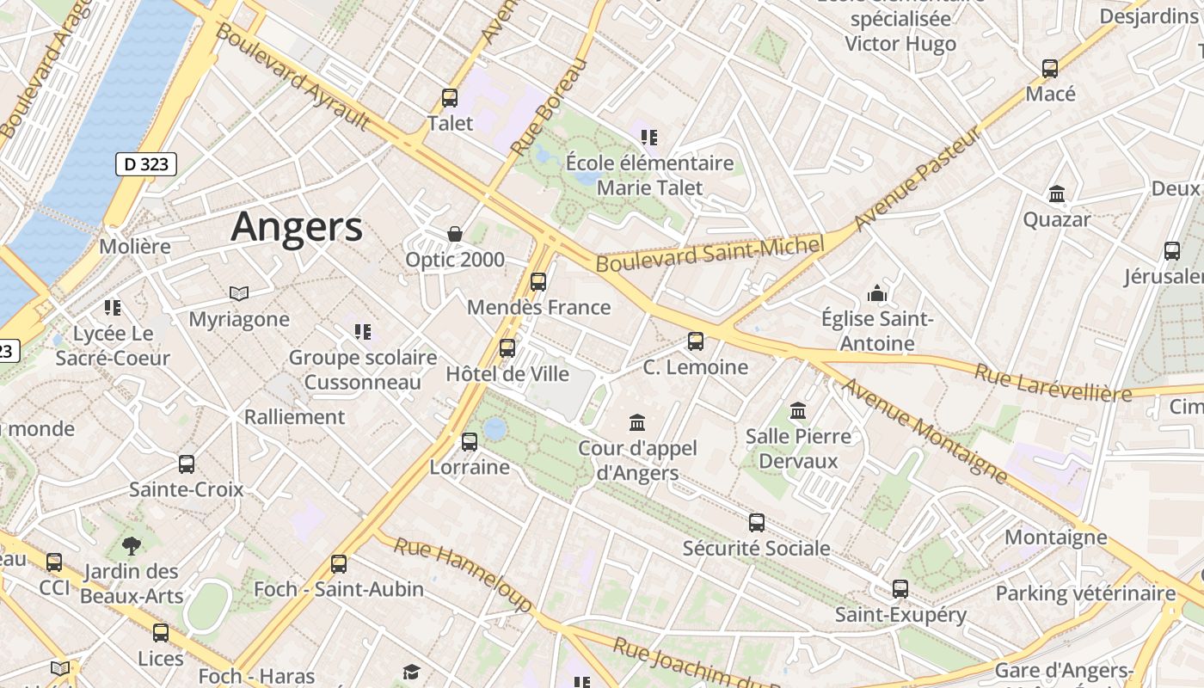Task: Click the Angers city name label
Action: click(297, 227)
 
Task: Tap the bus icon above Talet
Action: click(450, 98)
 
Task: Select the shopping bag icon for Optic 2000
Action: click(455, 234)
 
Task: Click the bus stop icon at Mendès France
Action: click(538, 282)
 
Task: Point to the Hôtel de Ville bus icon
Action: click(507, 348)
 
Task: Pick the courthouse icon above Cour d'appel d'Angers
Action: click(637, 422)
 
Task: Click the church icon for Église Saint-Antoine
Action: click(877, 294)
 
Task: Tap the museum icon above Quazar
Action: click(1057, 194)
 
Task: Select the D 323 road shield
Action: click(146, 164)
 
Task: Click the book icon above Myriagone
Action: click(239, 294)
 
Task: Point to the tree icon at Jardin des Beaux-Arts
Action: click(132, 545)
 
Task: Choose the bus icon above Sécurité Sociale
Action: click(757, 523)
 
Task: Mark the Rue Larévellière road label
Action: click(1053, 383)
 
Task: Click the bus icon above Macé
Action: click(1050, 69)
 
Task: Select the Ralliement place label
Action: click(294, 417)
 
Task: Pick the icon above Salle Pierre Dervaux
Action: click(798, 411)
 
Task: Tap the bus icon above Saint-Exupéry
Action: click(900, 589)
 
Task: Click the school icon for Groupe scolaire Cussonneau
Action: click(363, 332)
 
